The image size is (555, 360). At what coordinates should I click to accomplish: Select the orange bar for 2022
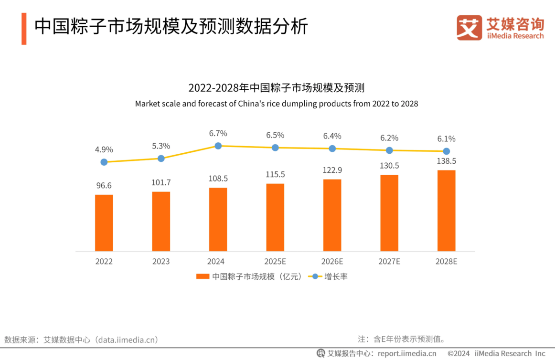pyautogui.click(x=104, y=223)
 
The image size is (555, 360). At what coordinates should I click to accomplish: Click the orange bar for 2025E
pyautogui.click(x=276, y=217)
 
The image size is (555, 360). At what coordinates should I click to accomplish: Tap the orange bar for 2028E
pyautogui.click(x=446, y=211)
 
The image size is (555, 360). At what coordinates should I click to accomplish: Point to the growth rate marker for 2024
pyautogui.click(x=218, y=146)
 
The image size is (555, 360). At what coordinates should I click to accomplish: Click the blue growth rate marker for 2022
pyautogui.click(x=104, y=162)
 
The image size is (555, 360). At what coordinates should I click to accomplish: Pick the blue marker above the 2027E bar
pyautogui.click(x=389, y=150)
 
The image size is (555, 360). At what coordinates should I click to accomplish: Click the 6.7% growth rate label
pyautogui.click(x=218, y=134)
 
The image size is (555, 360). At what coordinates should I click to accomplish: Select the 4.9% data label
pyautogui.click(x=104, y=150)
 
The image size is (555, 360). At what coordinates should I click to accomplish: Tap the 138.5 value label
pyautogui.click(x=446, y=161)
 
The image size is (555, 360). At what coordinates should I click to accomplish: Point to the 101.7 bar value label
pyautogui.click(x=161, y=183)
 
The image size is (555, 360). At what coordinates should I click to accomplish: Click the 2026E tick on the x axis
pyautogui.click(x=332, y=262)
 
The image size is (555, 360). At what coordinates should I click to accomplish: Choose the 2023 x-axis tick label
pyautogui.click(x=161, y=262)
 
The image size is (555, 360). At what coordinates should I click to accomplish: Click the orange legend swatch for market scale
pyautogui.click(x=203, y=276)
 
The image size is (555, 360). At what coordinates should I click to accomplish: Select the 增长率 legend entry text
pyautogui.click(x=336, y=276)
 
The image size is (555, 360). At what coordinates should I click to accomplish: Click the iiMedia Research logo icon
pyautogui.click(x=470, y=27)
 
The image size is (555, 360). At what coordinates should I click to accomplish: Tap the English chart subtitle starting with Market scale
pyautogui.click(x=277, y=104)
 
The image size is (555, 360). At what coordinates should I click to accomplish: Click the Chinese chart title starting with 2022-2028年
pyautogui.click(x=277, y=88)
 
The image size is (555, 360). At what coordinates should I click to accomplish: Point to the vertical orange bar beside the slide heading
pyautogui.click(x=24, y=29)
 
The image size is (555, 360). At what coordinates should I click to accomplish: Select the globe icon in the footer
pyautogui.click(x=320, y=353)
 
